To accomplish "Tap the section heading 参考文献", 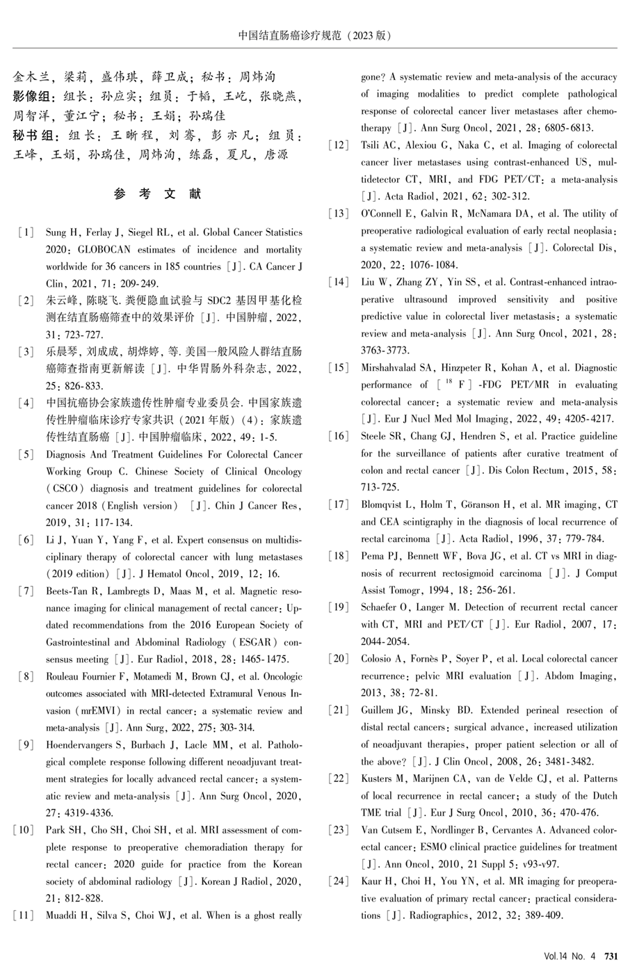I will (158, 194).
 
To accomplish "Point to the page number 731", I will (611, 957).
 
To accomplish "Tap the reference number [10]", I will (23, 830).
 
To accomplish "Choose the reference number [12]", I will (339, 145).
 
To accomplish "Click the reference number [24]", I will (339, 881).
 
